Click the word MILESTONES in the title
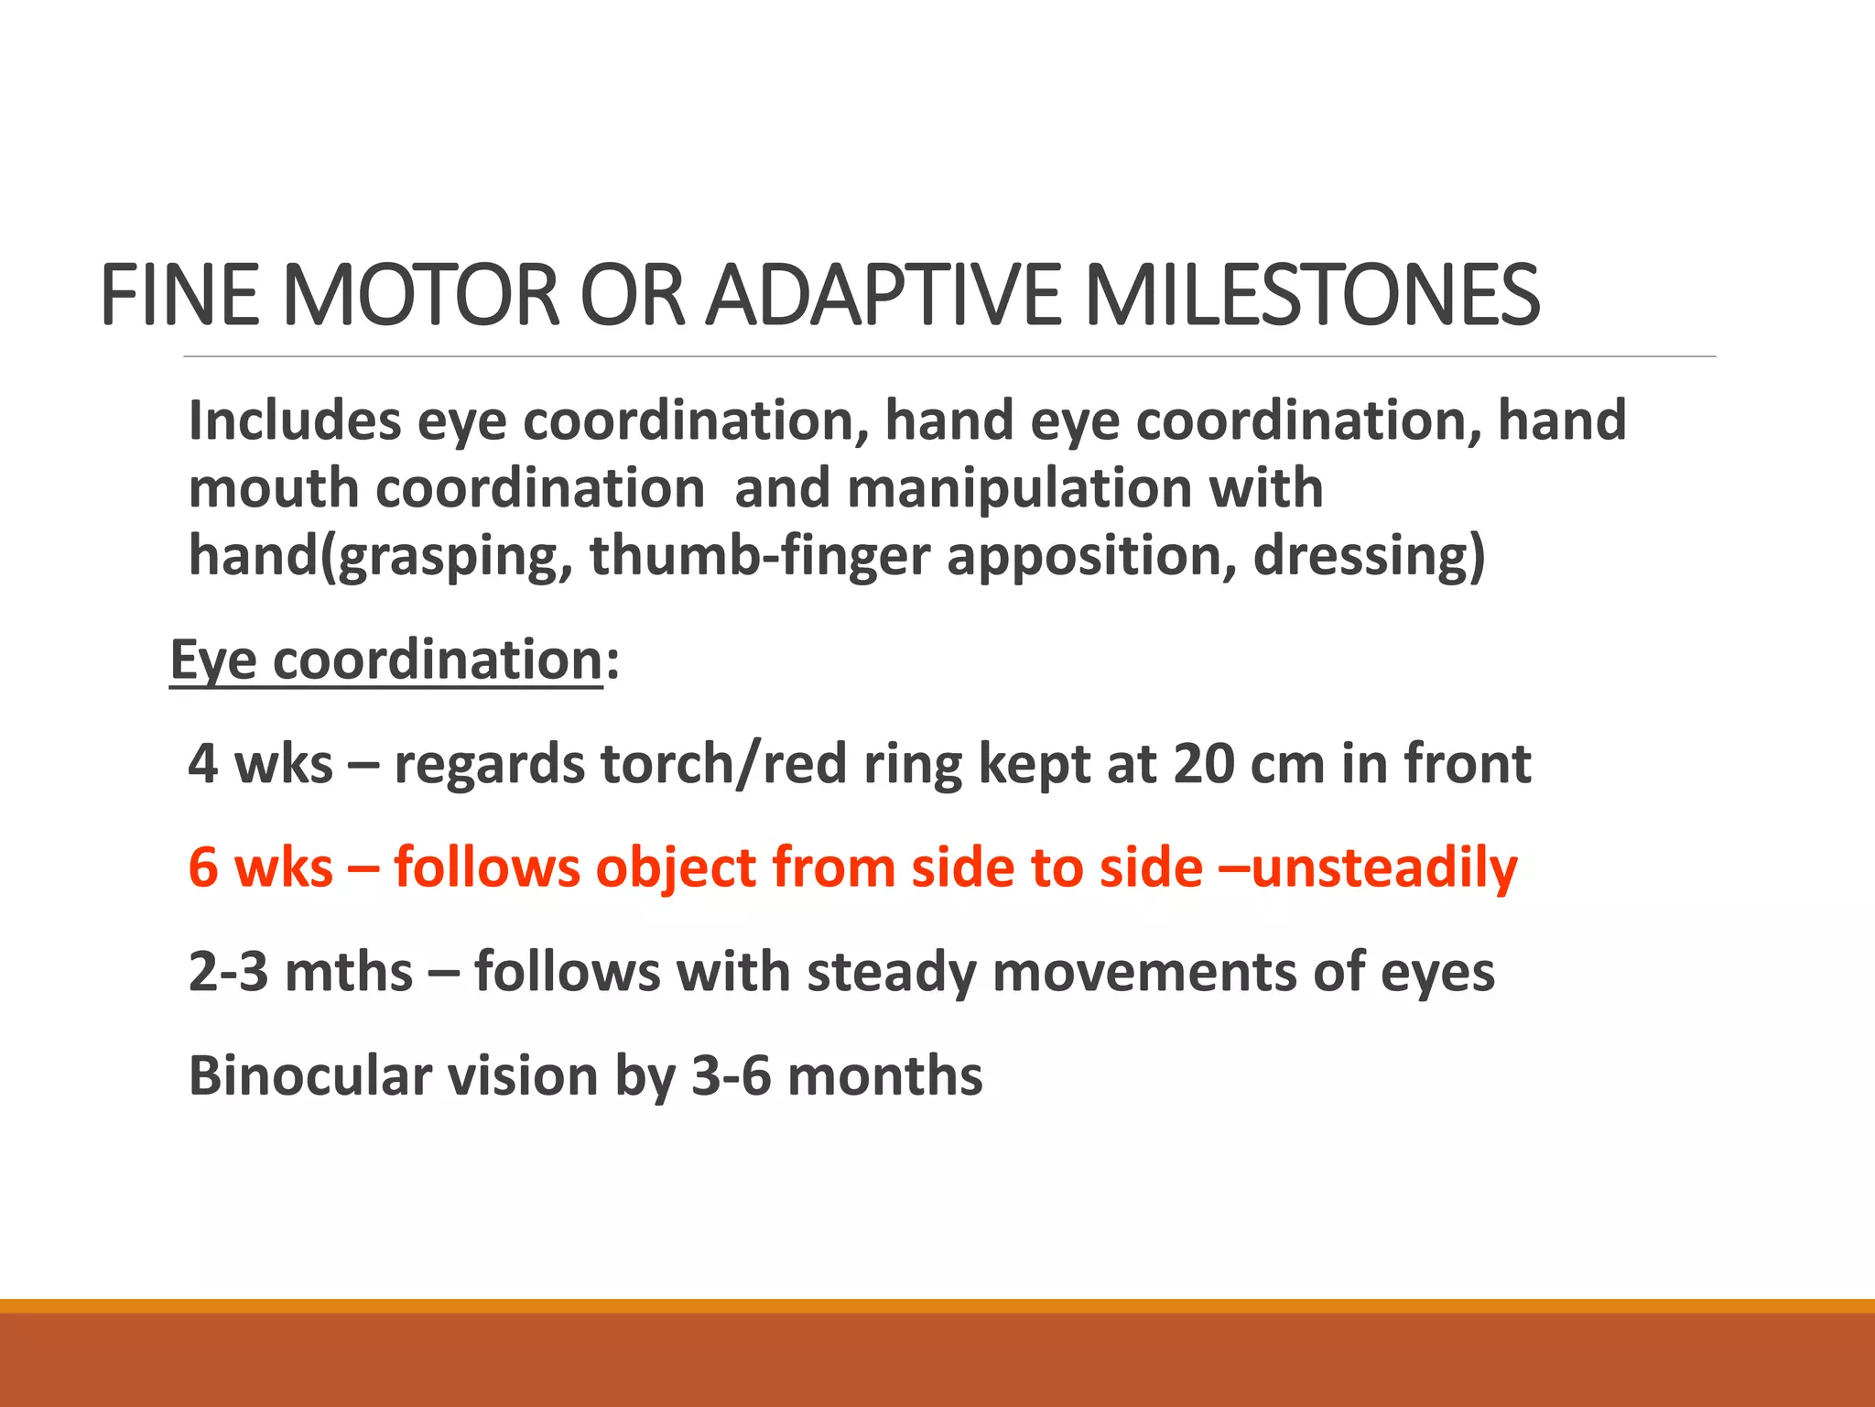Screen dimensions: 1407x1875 click(x=1311, y=295)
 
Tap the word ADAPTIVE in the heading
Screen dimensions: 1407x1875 click(x=883, y=295)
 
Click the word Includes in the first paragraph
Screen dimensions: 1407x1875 click(x=295, y=420)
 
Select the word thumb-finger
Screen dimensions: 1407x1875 click(x=759, y=556)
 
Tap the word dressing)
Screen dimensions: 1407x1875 click(x=1369, y=556)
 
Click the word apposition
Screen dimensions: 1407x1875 click(x=1090, y=556)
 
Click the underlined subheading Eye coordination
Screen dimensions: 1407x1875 click(x=386, y=660)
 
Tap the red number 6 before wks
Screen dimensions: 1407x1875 click(x=203, y=867)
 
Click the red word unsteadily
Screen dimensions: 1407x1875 click(x=1383, y=867)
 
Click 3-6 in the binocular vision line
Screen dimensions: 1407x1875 click(x=731, y=1075)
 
